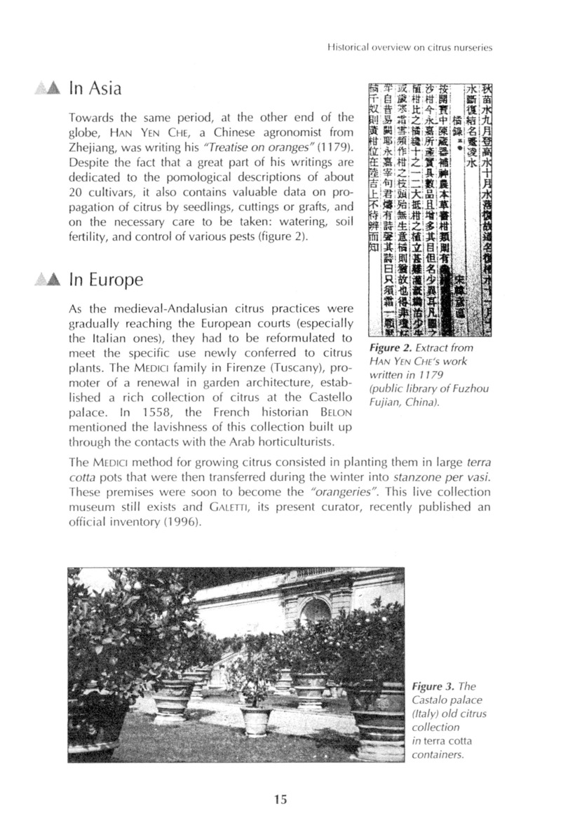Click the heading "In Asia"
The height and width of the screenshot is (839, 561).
click(95, 88)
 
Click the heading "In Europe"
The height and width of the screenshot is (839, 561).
click(107, 280)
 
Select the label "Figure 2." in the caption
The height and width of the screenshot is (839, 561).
click(390, 348)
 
